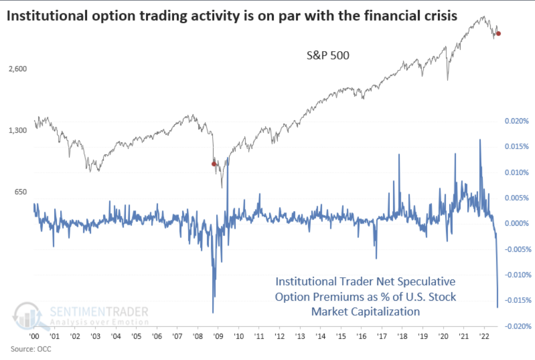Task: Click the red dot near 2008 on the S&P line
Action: click(214, 164)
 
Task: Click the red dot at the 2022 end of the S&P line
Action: click(498, 33)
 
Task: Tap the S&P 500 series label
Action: click(328, 56)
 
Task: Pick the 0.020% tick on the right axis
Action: click(516, 122)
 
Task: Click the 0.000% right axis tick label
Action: click(516, 224)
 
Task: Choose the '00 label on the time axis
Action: click(34, 336)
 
